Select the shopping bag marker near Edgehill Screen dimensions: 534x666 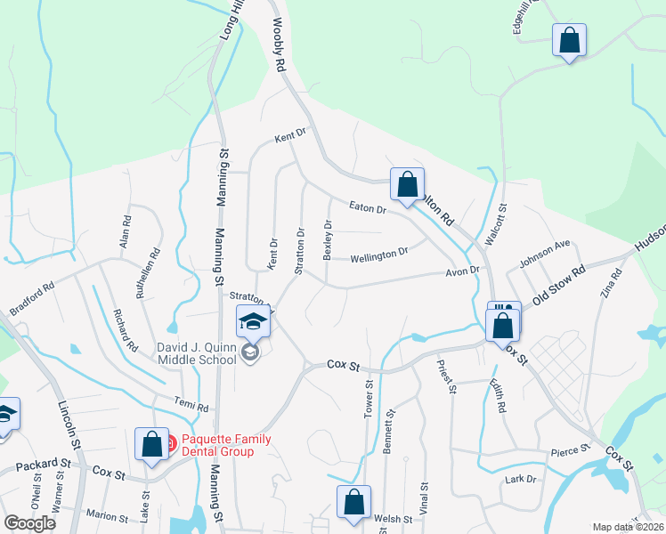[569, 41]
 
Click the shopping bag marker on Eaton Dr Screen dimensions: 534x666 [407, 185]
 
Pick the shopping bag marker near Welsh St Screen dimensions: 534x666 [353, 501]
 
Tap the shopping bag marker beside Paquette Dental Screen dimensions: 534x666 [151, 444]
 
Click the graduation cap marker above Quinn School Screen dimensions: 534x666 [253, 321]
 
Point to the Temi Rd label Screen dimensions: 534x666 [191, 407]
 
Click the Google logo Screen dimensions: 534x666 [29, 523]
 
